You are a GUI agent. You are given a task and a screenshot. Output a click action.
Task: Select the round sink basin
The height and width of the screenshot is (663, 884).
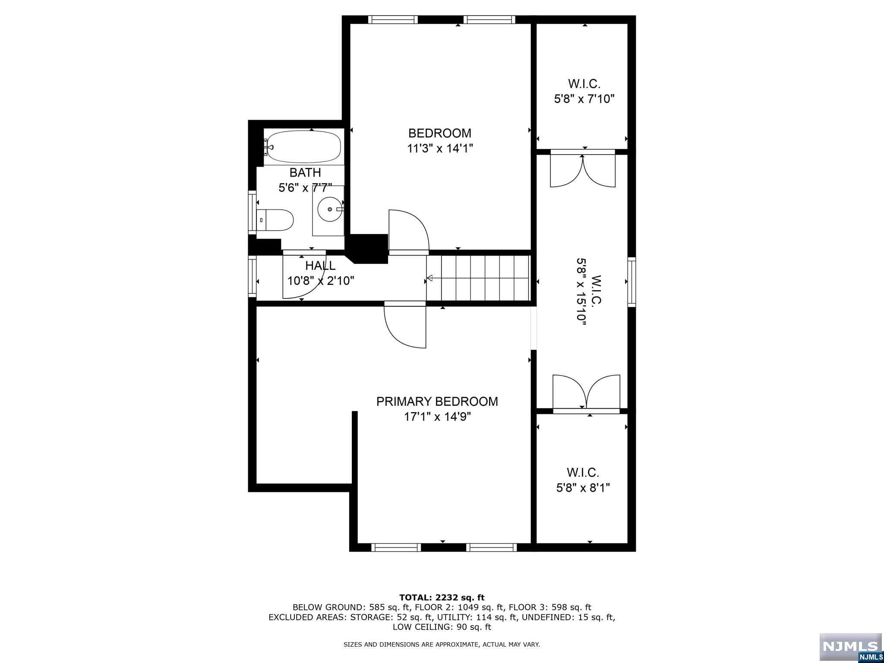(x=330, y=209)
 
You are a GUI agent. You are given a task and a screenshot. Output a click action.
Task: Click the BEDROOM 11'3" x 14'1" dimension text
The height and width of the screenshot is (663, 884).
(x=440, y=148)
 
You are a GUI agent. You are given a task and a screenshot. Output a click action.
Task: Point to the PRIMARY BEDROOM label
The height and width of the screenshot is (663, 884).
(x=437, y=401)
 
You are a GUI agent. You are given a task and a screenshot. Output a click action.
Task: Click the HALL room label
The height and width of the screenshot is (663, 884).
(x=320, y=265)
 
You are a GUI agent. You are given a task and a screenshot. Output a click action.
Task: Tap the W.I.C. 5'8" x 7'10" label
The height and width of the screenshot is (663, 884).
(x=584, y=91)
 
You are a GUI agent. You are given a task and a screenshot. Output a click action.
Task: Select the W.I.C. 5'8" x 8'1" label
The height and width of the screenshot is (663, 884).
(x=583, y=480)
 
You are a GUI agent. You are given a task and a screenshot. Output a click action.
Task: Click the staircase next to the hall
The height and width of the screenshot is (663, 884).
(x=478, y=278)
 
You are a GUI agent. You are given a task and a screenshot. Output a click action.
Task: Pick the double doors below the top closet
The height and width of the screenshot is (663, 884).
(x=583, y=170)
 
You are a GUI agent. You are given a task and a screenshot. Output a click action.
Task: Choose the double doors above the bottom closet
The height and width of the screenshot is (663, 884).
(x=586, y=392)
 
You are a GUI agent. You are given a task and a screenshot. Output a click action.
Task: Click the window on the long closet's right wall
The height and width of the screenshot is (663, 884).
(x=631, y=281)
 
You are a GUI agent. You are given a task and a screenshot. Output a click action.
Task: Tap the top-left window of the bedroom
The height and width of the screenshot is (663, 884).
(x=393, y=19)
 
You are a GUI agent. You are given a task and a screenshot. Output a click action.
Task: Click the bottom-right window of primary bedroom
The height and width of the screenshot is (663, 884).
(x=491, y=547)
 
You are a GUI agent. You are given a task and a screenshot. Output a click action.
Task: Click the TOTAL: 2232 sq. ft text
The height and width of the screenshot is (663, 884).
(x=442, y=598)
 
